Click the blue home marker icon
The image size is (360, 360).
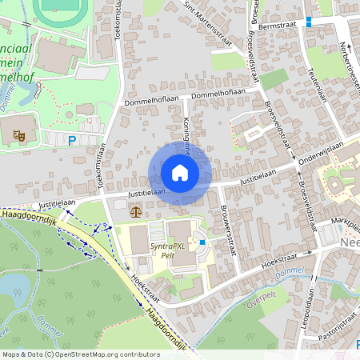(x=180, y=172)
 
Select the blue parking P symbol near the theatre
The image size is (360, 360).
(x=71, y=141)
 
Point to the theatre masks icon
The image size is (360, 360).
(x=18, y=136)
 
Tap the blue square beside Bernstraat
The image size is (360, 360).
(x=308, y=22)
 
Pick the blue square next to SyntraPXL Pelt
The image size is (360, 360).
(x=202, y=242)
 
